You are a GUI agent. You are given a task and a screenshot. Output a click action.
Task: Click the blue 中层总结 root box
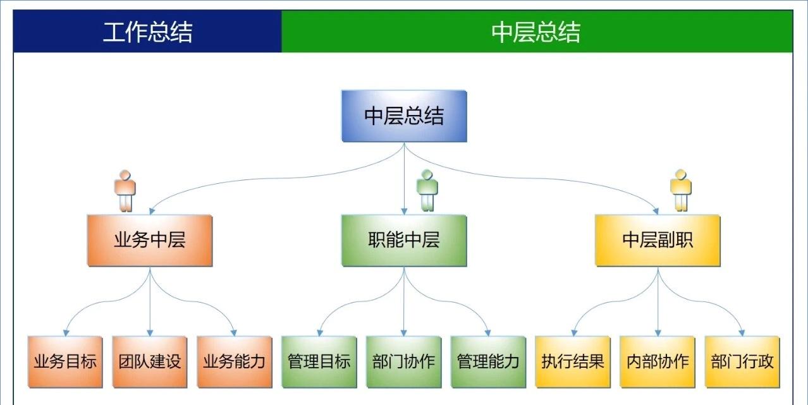point(404,116)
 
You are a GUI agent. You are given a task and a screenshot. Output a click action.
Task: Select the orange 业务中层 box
point(149,240)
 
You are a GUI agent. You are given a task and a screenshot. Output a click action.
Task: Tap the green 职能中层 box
point(404,240)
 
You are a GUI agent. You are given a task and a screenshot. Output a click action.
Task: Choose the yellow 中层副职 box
point(658,240)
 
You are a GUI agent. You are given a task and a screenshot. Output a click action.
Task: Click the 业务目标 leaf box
point(65,361)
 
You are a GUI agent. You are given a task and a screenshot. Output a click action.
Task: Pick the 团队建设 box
point(150,361)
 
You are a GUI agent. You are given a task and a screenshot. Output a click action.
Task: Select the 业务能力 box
point(235,361)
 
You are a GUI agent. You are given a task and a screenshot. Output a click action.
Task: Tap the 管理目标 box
point(319,361)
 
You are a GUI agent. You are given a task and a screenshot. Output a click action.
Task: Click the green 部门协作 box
point(403,361)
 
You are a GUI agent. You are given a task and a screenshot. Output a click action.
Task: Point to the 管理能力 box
point(488,361)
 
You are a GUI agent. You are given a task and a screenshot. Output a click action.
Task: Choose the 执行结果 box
point(573,361)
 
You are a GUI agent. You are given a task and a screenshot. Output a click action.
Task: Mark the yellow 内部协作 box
point(658,361)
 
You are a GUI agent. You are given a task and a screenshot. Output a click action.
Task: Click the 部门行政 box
point(742,361)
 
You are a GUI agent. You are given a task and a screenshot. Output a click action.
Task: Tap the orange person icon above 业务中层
point(125,190)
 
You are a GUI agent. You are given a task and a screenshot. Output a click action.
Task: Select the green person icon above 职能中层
point(428,190)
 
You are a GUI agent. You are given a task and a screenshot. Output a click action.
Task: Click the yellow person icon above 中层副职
point(681,190)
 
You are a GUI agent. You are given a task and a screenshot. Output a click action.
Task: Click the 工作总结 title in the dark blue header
point(147,32)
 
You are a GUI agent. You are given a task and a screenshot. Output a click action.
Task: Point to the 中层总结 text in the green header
point(536,32)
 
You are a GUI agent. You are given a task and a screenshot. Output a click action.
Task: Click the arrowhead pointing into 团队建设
point(150,332)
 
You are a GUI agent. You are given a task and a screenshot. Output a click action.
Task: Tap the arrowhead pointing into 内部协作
point(658,332)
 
